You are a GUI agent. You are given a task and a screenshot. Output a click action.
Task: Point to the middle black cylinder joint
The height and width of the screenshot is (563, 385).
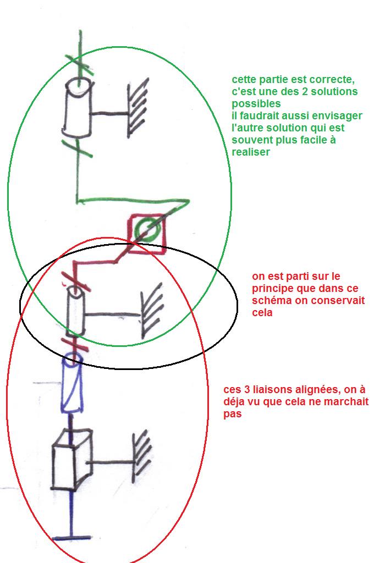point(76,311)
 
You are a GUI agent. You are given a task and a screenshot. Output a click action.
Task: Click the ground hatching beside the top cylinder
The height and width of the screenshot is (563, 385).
point(138,108)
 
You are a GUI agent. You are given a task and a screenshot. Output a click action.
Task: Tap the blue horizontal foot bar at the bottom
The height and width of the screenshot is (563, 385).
point(72,537)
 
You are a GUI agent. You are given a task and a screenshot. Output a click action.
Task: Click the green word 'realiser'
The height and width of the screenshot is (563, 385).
point(251,152)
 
